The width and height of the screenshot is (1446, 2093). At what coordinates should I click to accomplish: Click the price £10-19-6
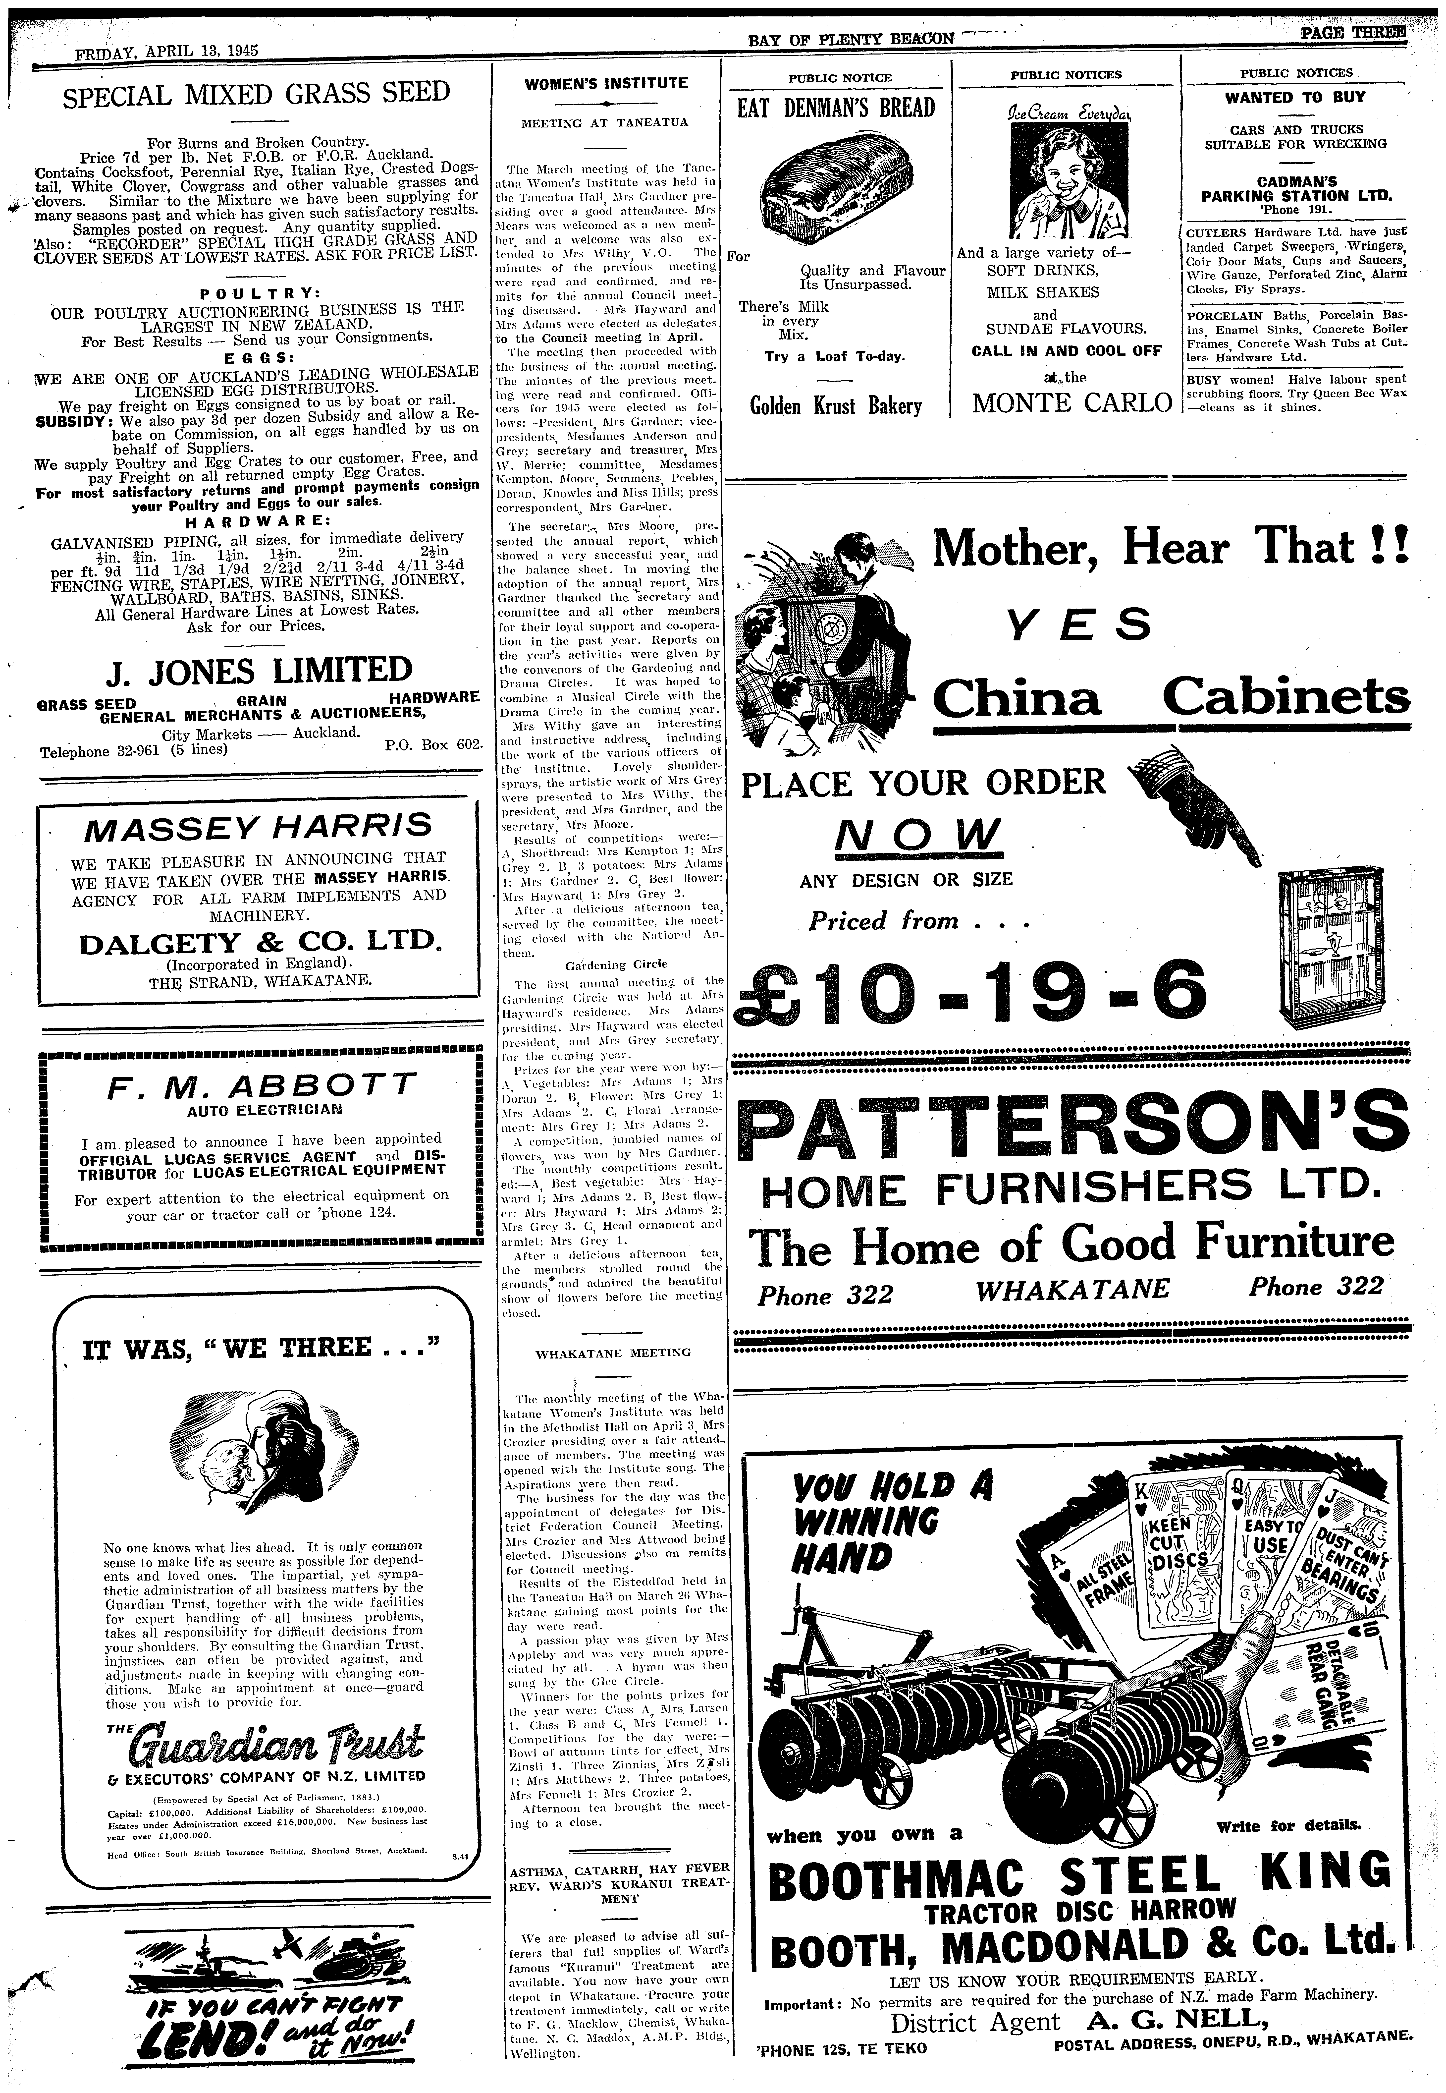[x=974, y=988]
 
